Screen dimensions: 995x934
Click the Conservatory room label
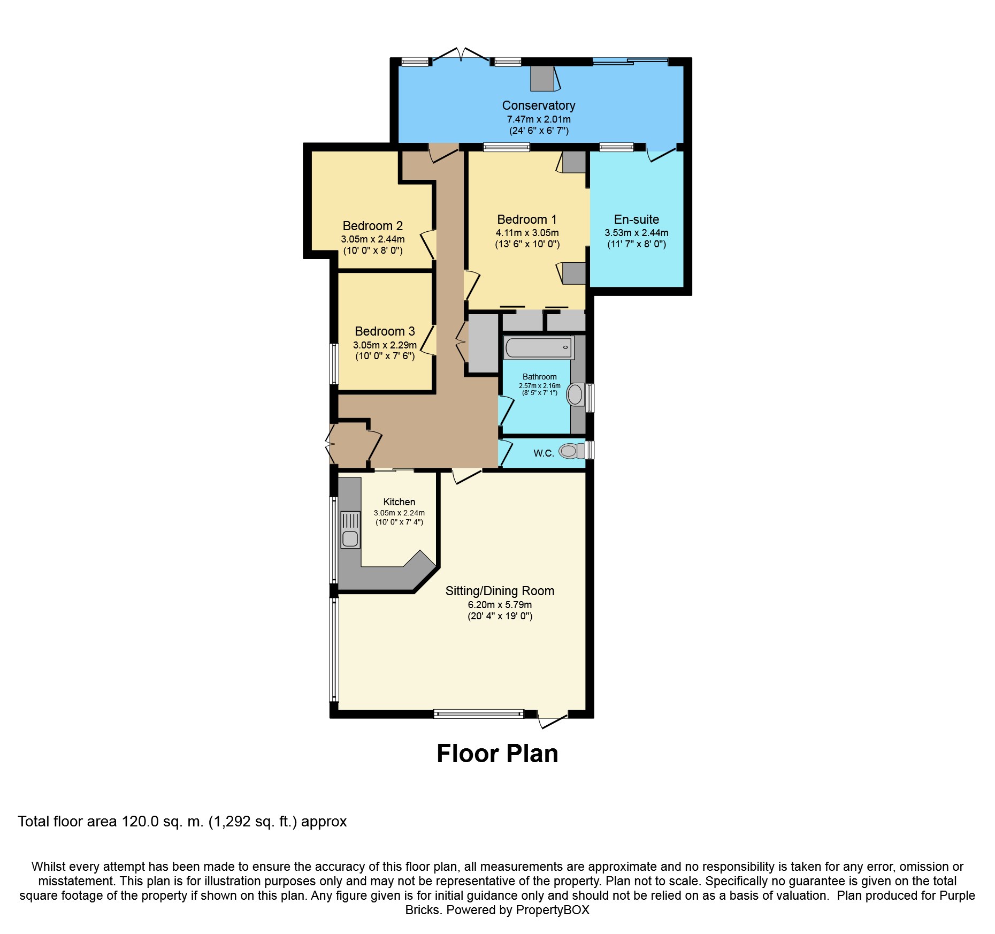[x=539, y=105]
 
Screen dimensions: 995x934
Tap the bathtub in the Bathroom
[x=539, y=347]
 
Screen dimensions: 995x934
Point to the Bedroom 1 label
[x=527, y=219]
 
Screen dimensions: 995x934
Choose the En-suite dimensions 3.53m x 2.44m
[x=637, y=233]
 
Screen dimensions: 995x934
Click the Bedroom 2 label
[x=373, y=226]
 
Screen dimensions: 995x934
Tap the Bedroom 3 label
[x=385, y=331]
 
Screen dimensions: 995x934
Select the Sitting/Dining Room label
[x=500, y=591]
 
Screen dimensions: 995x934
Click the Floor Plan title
[x=497, y=754]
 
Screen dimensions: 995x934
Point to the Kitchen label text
[x=399, y=502]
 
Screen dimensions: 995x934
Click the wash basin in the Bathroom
[x=575, y=395]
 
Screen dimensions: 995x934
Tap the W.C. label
[x=544, y=453]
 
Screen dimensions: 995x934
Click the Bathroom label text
[x=540, y=377]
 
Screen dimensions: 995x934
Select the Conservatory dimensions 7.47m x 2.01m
[x=539, y=119]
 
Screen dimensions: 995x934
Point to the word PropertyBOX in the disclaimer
[x=553, y=910]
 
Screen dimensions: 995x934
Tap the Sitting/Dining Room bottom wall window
[x=478, y=713]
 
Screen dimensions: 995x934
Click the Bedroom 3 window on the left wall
[x=334, y=364]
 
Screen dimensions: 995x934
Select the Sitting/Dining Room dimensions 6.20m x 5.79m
[x=500, y=605]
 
